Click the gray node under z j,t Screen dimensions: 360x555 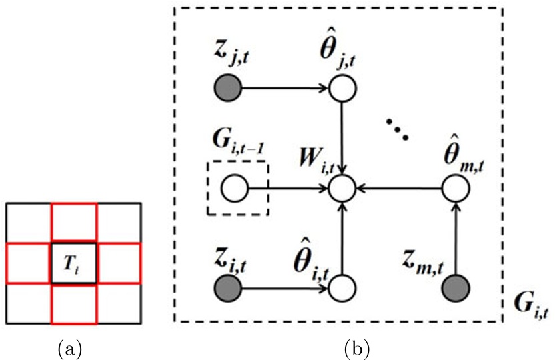tap(228, 87)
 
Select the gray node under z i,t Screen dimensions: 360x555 tap(228, 289)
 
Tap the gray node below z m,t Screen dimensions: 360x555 tap(456, 289)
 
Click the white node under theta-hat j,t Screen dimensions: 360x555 tap(342, 87)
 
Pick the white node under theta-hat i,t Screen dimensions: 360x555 tap(342, 289)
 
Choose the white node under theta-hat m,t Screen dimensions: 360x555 tap(456, 189)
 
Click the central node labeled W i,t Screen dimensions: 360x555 tap(342, 189)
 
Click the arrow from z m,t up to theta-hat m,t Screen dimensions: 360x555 tap(456, 239)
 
